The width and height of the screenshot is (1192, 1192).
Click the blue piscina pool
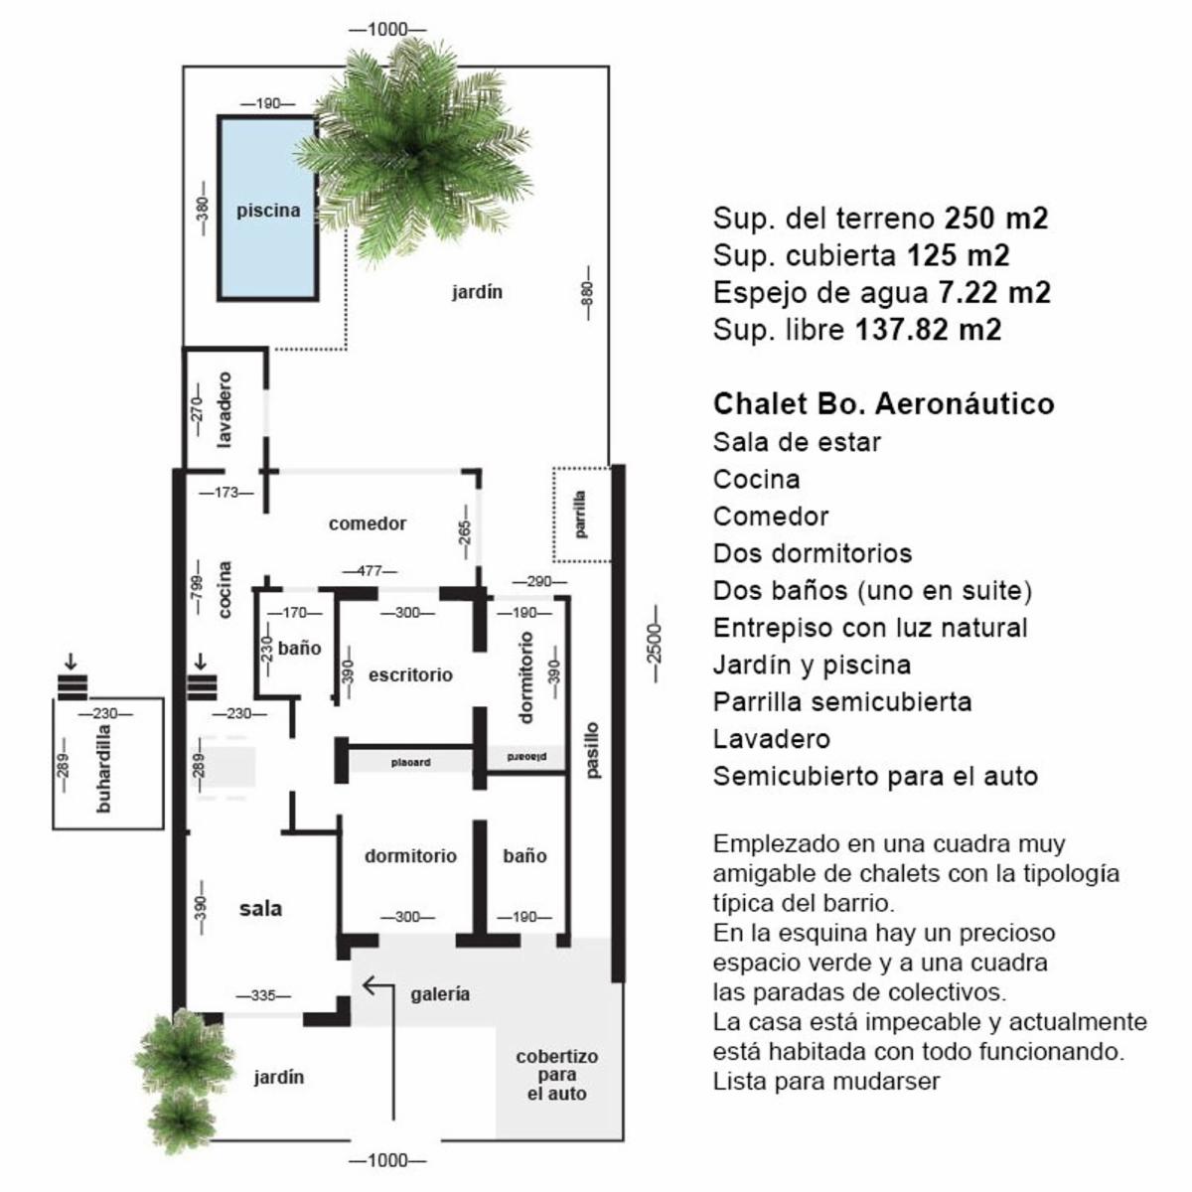tap(268, 209)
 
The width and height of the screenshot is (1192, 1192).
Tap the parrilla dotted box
tap(581, 514)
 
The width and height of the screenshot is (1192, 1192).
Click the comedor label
tap(368, 523)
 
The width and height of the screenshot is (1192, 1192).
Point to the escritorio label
tap(410, 674)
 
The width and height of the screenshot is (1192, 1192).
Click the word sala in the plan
tap(260, 908)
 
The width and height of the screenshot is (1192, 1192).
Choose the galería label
tap(440, 994)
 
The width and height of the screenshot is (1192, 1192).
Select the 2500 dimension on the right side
tap(655, 644)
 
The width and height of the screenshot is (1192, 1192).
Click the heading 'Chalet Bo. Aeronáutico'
tap(883, 404)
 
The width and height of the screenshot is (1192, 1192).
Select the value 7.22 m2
tap(994, 292)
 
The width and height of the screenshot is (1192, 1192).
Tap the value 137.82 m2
tap(928, 329)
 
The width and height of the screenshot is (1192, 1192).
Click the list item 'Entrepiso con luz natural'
tap(870, 627)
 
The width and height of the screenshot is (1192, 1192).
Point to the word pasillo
tap(593, 750)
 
